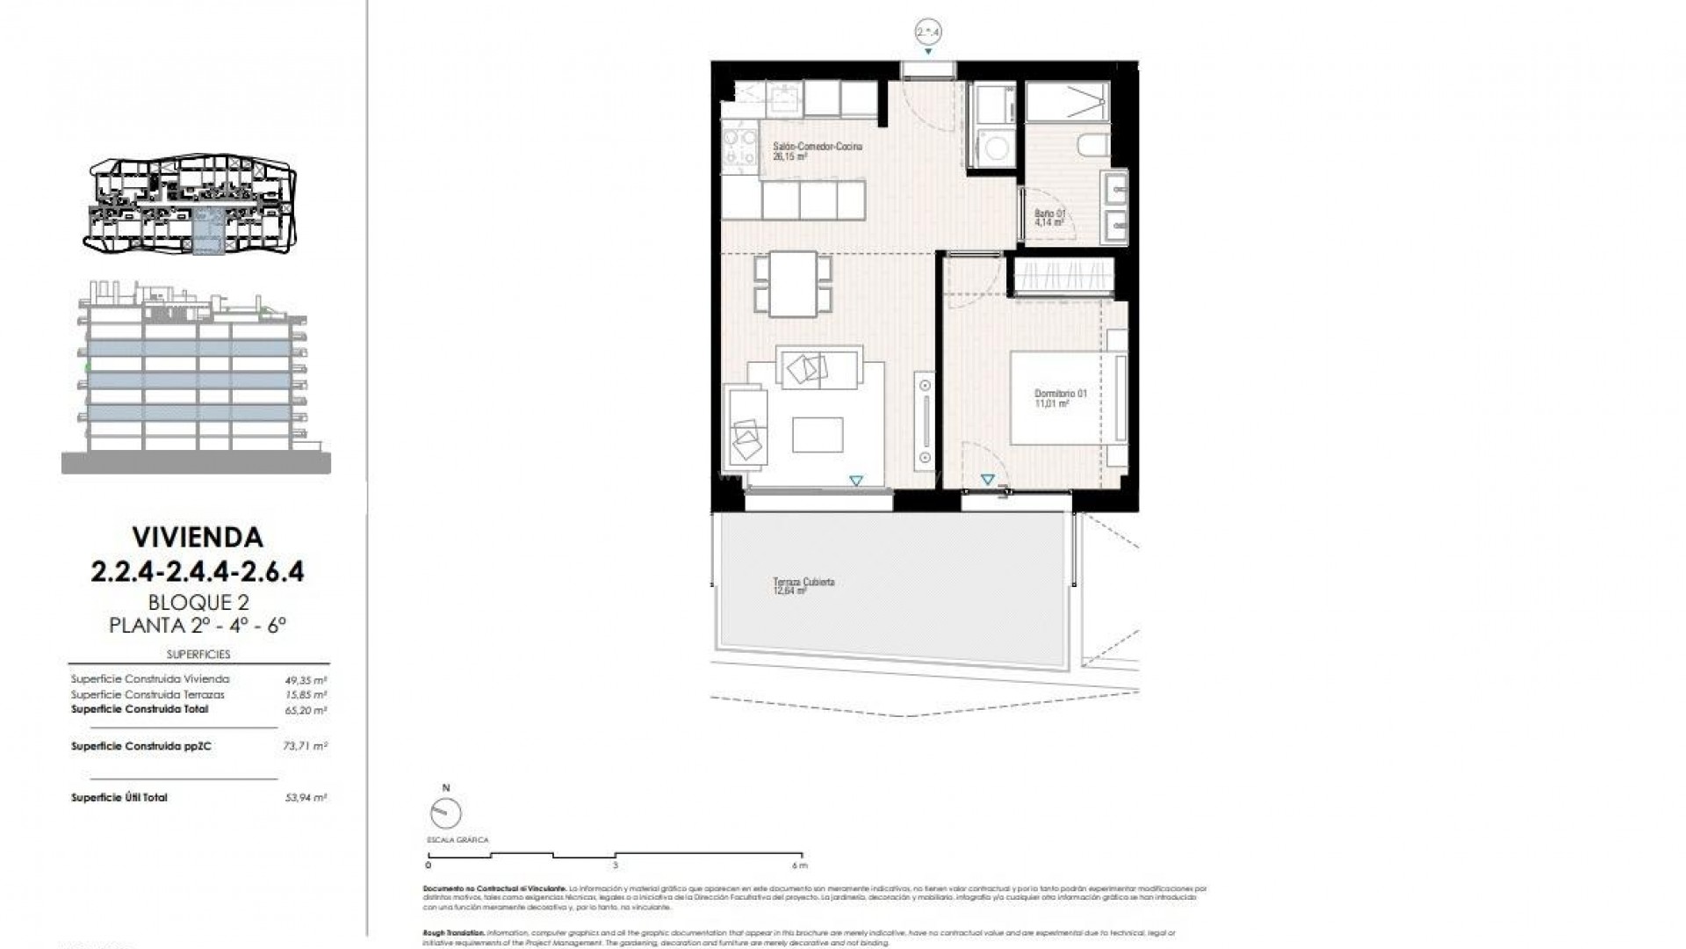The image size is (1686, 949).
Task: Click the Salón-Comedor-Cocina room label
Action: [x=817, y=147]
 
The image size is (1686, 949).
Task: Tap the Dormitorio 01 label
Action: [x=1061, y=394]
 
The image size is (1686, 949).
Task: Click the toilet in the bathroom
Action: [x=1094, y=146]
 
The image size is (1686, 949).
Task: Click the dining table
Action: [x=793, y=283]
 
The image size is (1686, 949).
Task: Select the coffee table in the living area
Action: [x=817, y=434]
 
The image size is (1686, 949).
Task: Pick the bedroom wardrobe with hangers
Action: [x=1064, y=275]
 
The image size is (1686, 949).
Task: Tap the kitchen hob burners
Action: [x=739, y=147]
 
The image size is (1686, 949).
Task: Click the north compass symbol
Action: [x=447, y=813]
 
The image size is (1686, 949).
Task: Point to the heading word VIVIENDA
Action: [x=198, y=536]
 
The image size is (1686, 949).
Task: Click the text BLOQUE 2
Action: [x=198, y=603]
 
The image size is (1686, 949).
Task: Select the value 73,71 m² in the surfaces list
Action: [x=307, y=746]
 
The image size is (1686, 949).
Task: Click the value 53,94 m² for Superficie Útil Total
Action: [x=307, y=798]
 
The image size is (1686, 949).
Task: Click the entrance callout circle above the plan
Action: [x=928, y=32]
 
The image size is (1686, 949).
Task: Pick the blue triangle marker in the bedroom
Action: [x=988, y=481]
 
